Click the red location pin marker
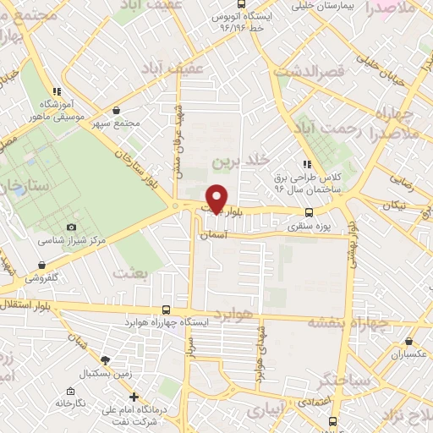point(216,198)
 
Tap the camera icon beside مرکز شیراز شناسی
point(71,227)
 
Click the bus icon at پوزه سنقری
point(309,213)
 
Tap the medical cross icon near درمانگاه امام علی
point(133,396)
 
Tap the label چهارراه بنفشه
point(346,322)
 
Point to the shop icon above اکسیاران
point(410,342)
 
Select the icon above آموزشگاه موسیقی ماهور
point(57,91)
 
